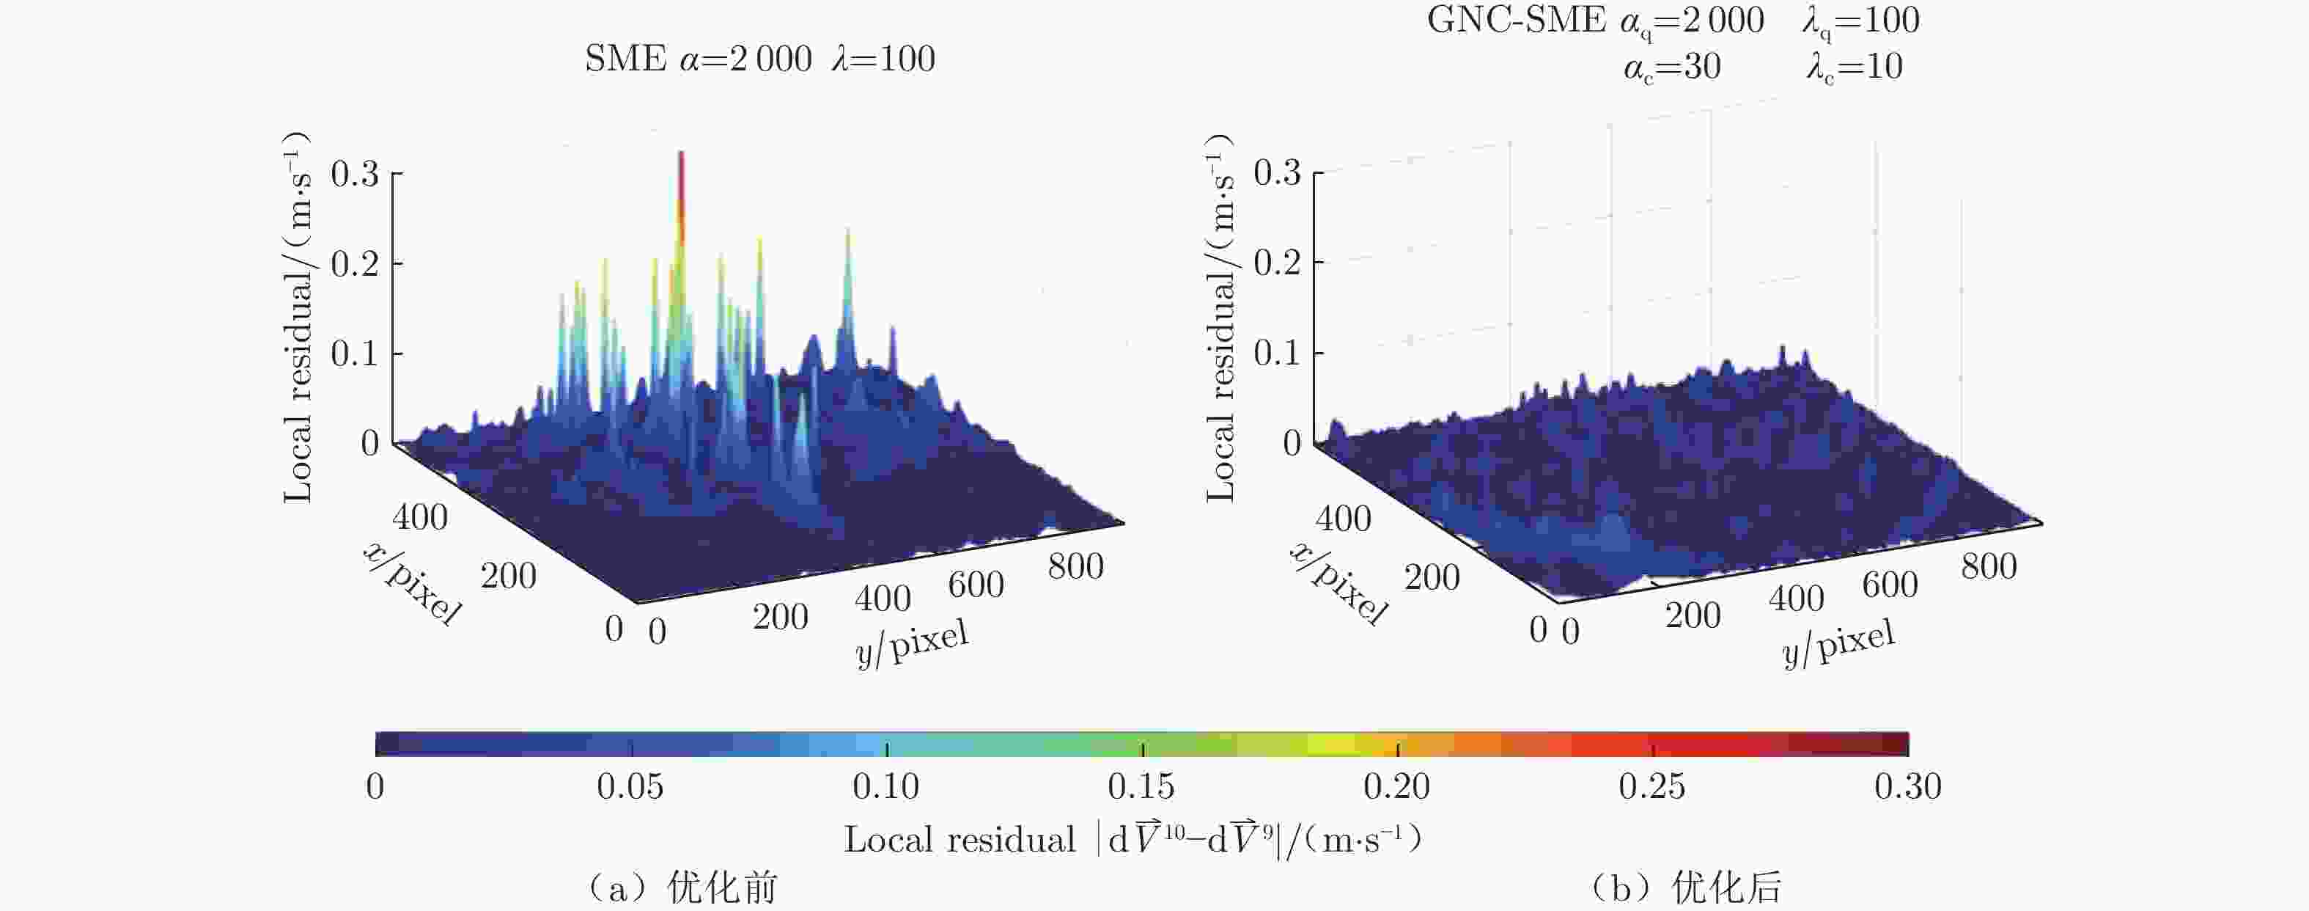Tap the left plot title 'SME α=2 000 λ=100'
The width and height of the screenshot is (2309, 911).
tap(759, 59)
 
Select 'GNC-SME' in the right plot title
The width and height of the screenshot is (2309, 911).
tap(1516, 20)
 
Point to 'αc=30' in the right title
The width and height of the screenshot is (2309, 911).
tap(1672, 67)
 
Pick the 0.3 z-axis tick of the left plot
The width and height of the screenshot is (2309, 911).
tap(356, 173)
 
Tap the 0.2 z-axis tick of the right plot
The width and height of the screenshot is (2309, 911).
tap(1278, 263)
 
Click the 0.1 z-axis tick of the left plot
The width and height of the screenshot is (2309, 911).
tap(356, 354)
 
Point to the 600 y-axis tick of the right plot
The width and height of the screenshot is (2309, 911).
tap(1890, 585)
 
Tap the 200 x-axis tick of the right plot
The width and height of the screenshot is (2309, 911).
tap(1432, 577)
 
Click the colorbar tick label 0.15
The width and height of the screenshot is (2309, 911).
tap(1141, 786)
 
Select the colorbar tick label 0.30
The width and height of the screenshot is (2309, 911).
tap(1907, 786)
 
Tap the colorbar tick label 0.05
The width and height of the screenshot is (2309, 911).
tap(630, 786)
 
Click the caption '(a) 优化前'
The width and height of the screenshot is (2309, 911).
tap(681, 888)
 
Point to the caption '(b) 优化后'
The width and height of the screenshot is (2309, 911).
tap(1685, 888)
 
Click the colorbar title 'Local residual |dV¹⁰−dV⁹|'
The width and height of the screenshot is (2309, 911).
tap(1132, 839)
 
